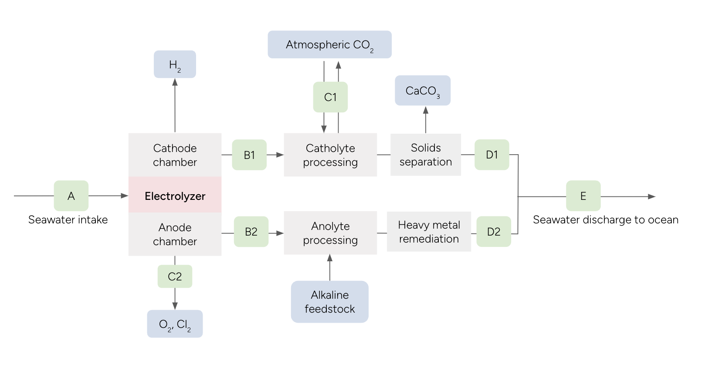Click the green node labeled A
(x=71, y=196)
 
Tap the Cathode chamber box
(x=175, y=155)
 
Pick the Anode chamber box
(x=175, y=234)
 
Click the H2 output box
(x=175, y=64)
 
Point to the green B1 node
(x=249, y=155)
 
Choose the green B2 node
(x=251, y=232)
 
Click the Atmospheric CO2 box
(x=329, y=44)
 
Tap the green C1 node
(x=330, y=97)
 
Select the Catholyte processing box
(x=330, y=155)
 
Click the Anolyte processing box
(x=330, y=233)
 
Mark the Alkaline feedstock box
(x=329, y=302)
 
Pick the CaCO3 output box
(x=423, y=91)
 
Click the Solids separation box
(x=426, y=155)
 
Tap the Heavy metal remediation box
(x=429, y=232)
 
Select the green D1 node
(x=491, y=155)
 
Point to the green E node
(x=583, y=196)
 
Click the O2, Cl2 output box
(x=175, y=324)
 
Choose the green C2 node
(x=175, y=277)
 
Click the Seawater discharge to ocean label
(x=605, y=220)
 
